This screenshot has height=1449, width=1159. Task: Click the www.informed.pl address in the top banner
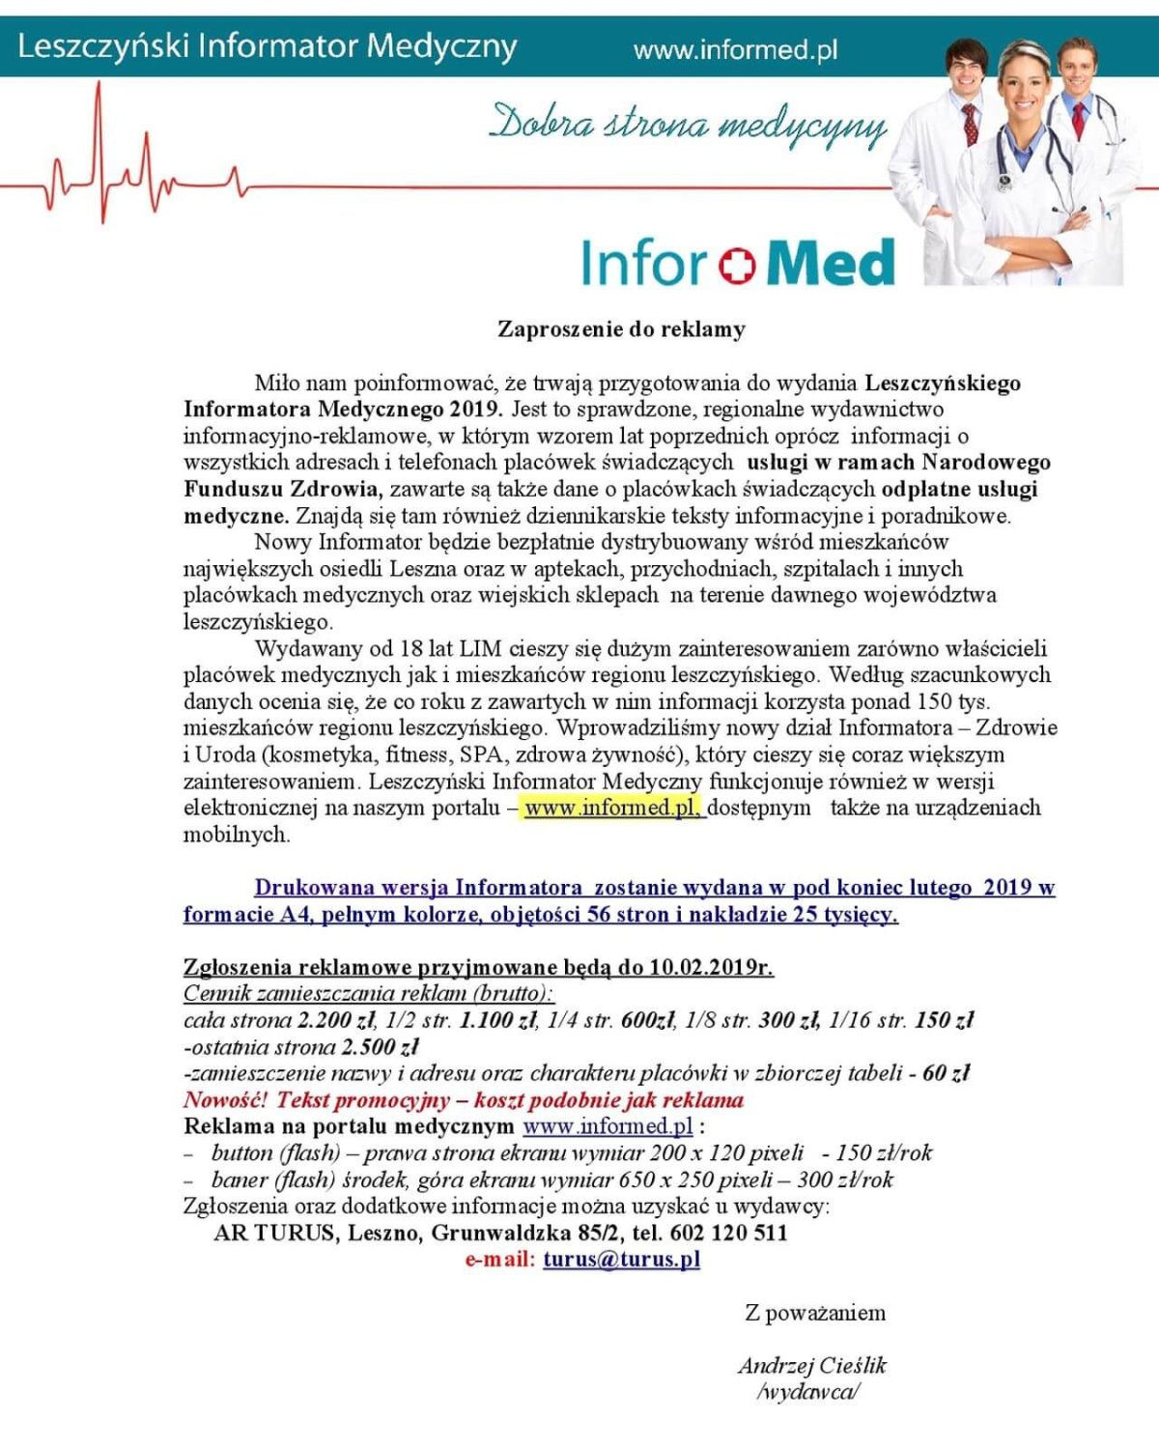click(x=735, y=49)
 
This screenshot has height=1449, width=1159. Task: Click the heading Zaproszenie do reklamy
click(x=621, y=329)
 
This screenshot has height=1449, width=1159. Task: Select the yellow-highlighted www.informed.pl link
click(x=612, y=808)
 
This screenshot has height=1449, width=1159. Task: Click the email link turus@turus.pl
click(x=621, y=1259)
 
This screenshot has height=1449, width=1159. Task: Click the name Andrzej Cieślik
click(x=812, y=1365)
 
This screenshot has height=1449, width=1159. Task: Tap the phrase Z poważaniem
click(x=815, y=1313)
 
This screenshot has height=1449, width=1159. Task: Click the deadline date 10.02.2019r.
click(x=711, y=967)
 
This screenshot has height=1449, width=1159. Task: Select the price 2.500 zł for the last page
click(x=381, y=1046)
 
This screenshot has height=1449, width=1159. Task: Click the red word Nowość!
click(x=225, y=1099)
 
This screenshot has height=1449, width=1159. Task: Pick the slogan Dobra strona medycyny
click(x=688, y=126)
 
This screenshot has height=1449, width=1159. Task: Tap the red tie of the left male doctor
click(x=968, y=124)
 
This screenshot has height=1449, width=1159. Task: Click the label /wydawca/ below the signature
click(x=808, y=1392)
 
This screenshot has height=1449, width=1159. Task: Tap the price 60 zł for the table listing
click(x=946, y=1073)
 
